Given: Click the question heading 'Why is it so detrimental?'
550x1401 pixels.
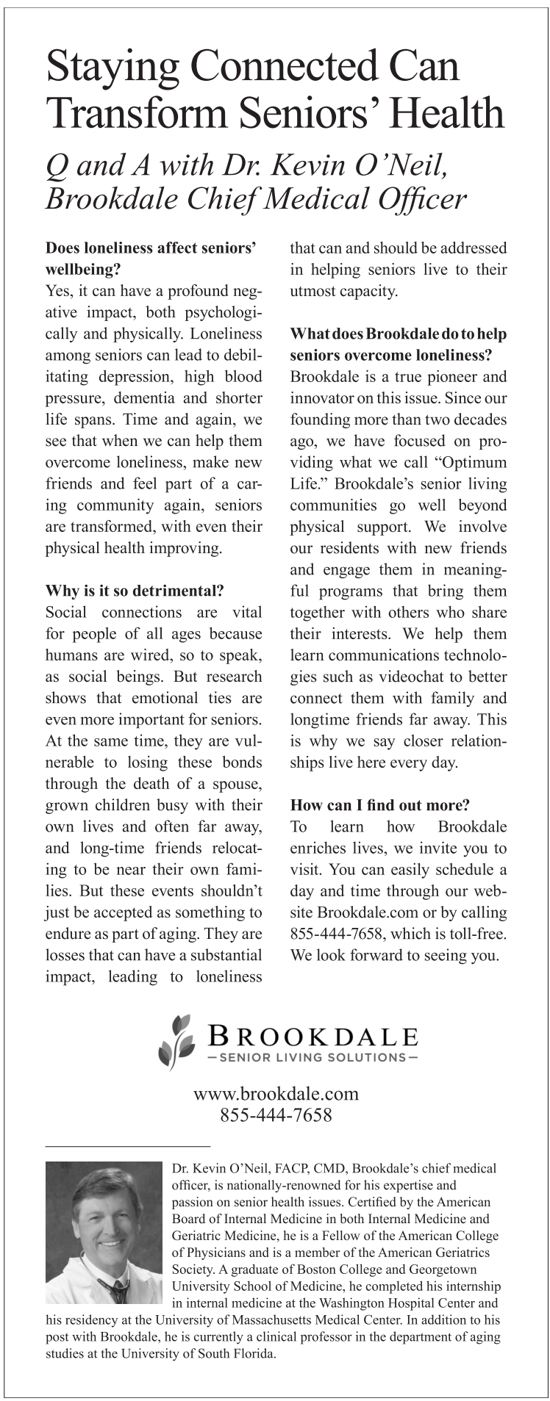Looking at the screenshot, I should tap(135, 591).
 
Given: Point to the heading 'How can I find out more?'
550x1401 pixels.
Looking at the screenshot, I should tap(380, 805).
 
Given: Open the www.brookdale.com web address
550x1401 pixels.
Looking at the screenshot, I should tap(276, 1093).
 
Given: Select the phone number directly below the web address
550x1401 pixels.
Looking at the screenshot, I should tap(276, 1115).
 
